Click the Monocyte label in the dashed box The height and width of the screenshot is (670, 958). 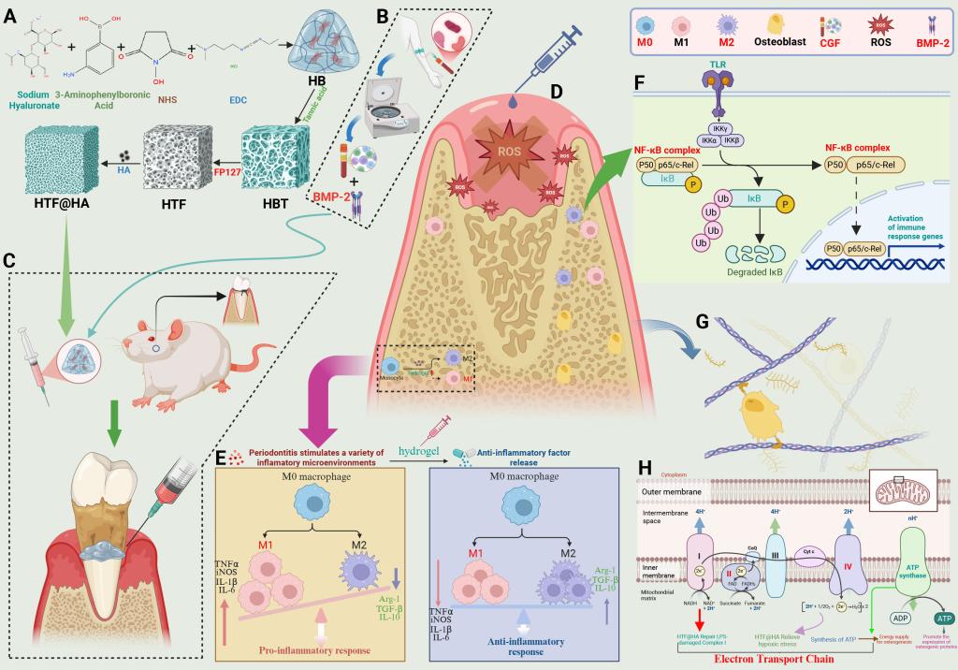point(391,378)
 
